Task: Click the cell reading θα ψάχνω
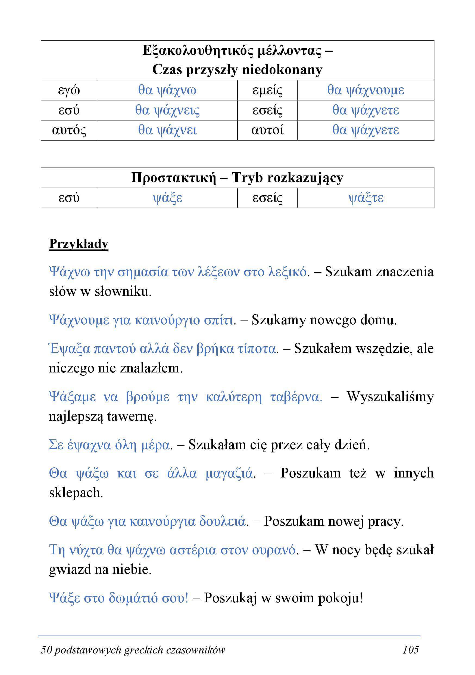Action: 167,90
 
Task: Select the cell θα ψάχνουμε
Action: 365,90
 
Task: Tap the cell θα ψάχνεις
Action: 167,110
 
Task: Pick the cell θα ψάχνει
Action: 167,130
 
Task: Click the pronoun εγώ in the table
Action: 69,90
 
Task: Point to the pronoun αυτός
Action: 69,130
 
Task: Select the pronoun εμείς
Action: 267,90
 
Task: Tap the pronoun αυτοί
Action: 267,130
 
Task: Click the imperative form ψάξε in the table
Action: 167,198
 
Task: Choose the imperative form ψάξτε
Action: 366,198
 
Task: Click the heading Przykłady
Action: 79,244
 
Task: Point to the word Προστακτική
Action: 173,178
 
